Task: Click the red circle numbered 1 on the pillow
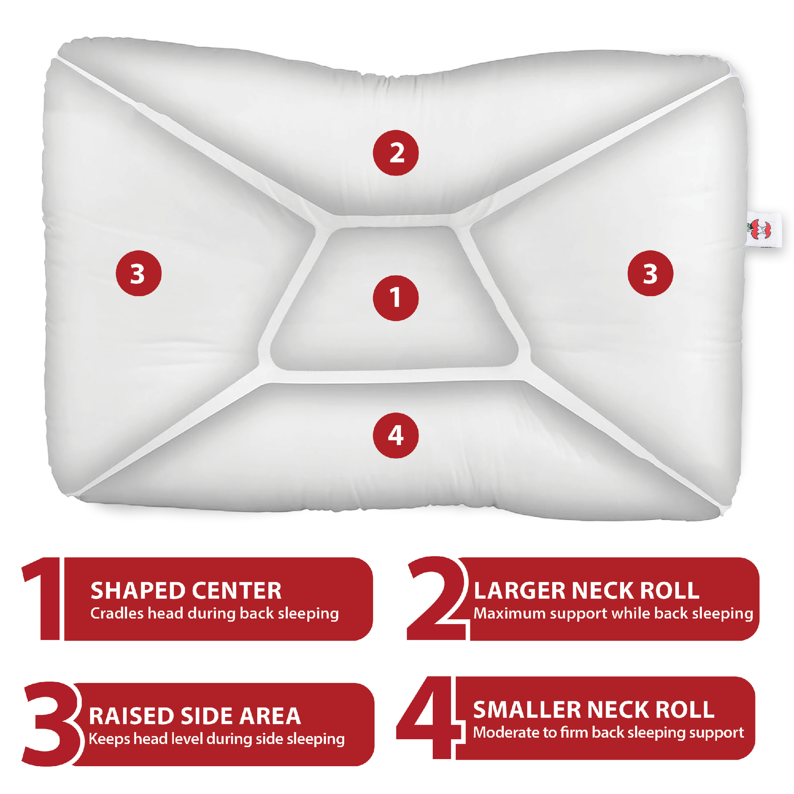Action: (396, 298)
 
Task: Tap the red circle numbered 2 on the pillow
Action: (396, 153)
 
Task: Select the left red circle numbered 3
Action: (139, 273)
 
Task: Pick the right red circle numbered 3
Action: (650, 273)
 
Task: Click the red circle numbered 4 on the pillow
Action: (396, 435)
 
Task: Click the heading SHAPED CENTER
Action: (186, 591)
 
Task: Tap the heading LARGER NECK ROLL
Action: (586, 591)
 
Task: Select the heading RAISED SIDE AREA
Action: (195, 716)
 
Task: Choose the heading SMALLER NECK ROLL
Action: (593, 710)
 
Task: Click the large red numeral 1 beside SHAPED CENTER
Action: (44, 599)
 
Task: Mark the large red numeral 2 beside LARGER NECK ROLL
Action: (434, 599)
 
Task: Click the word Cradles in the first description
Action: (117, 614)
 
